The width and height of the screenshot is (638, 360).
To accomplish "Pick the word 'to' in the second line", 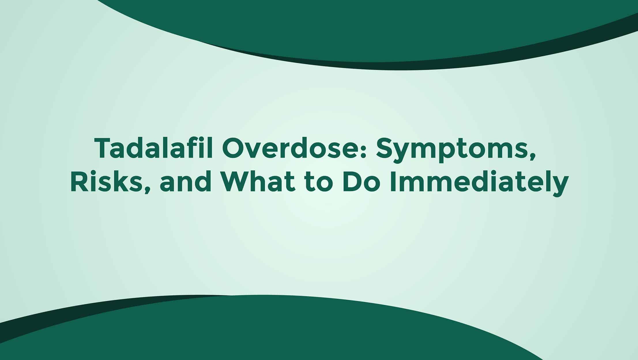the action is tap(318, 183).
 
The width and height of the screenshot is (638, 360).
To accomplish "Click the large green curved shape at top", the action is tap(375, 29).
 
